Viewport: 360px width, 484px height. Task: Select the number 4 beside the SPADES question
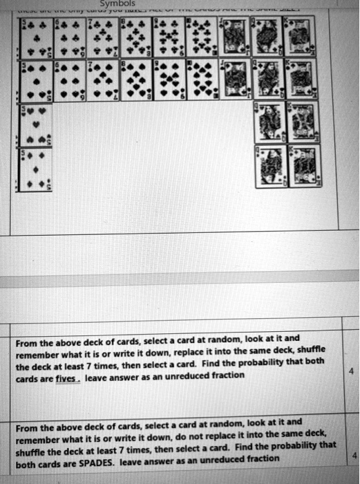[x=354, y=456]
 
